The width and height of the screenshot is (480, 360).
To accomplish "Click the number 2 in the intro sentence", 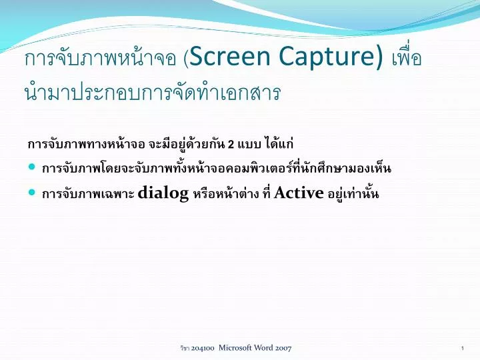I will pos(231,145).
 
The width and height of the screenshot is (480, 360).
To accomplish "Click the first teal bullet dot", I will pos(33,167).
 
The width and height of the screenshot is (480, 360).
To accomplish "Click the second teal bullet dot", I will pos(33,192).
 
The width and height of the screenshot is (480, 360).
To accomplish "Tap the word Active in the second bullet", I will pos(299,193).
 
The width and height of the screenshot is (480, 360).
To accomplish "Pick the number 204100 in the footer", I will pos(202,349).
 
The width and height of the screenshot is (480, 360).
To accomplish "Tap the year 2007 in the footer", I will pos(284,349).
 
